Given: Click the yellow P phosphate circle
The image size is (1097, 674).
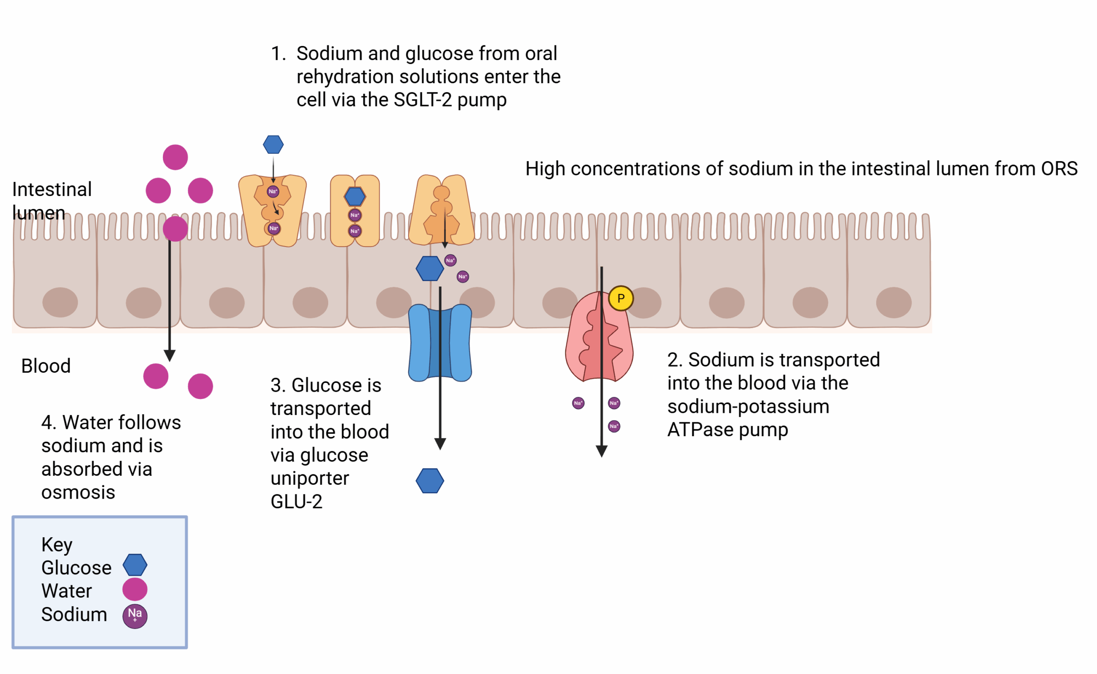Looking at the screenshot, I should [621, 298].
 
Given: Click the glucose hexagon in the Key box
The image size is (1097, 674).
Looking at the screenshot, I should [135, 565].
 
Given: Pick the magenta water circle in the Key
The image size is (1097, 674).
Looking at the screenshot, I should [134, 589].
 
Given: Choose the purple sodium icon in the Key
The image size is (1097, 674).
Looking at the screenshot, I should [134, 616].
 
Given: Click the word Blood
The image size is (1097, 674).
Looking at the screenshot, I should [46, 366].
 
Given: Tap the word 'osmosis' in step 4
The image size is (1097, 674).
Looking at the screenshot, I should [78, 492].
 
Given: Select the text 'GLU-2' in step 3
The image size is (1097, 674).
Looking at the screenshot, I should [297, 501].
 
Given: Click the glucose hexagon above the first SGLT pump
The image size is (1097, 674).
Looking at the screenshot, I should [273, 145].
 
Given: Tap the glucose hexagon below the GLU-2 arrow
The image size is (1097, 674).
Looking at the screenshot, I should [430, 481].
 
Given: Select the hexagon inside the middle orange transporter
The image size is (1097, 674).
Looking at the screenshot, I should [355, 197].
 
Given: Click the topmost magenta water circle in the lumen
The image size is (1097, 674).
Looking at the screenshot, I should [175, 157].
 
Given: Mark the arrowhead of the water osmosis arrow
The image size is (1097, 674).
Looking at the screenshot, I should [170, 356].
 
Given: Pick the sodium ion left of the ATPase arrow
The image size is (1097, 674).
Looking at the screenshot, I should [578, 403].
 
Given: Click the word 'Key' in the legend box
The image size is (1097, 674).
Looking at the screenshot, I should [57, 545].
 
